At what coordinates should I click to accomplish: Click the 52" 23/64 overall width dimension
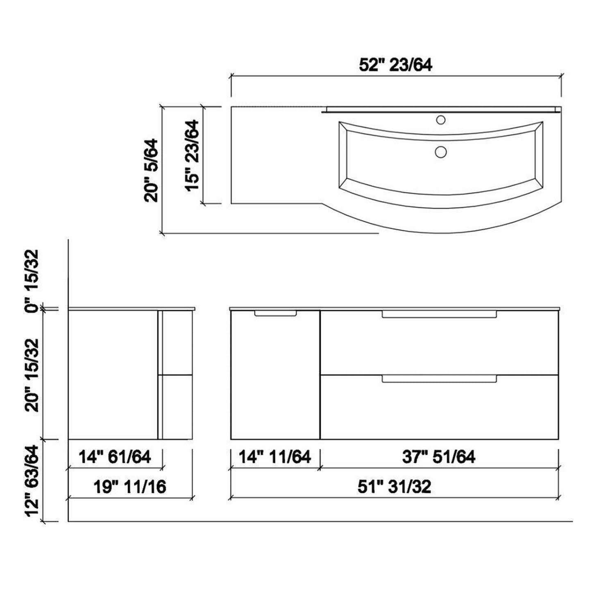[x=395, y=65]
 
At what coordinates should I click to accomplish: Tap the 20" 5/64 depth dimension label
[x=151, y=170]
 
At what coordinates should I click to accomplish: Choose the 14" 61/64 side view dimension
[x=115, y=457]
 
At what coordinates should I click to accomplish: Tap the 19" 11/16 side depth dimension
[x=130, y=487]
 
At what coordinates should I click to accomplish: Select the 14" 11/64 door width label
[x=275, y=457]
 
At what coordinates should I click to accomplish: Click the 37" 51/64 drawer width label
[x=439, y=457]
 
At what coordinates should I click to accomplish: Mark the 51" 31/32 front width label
[x=395, y=487]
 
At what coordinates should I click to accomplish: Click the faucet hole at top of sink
[x=441, y=120]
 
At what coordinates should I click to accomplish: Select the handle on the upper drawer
[x=439, y=314]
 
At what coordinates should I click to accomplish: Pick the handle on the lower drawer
[x=439, y=379]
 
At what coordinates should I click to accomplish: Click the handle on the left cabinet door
[x=275, y=313]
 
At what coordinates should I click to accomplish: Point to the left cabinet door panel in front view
[x=275, y=377]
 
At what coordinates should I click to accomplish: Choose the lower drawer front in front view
[x=439, y=410]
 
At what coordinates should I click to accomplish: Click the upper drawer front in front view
[x=439, y=344]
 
